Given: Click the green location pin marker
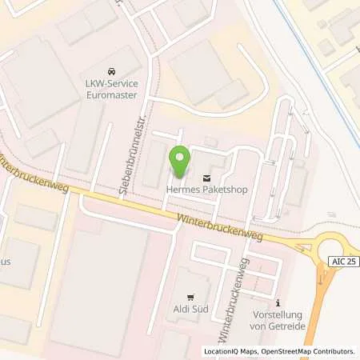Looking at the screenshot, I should tap(179, 162).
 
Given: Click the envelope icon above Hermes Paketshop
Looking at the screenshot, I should tap(208, 176).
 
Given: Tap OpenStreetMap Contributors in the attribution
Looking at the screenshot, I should tap(307, 351).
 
